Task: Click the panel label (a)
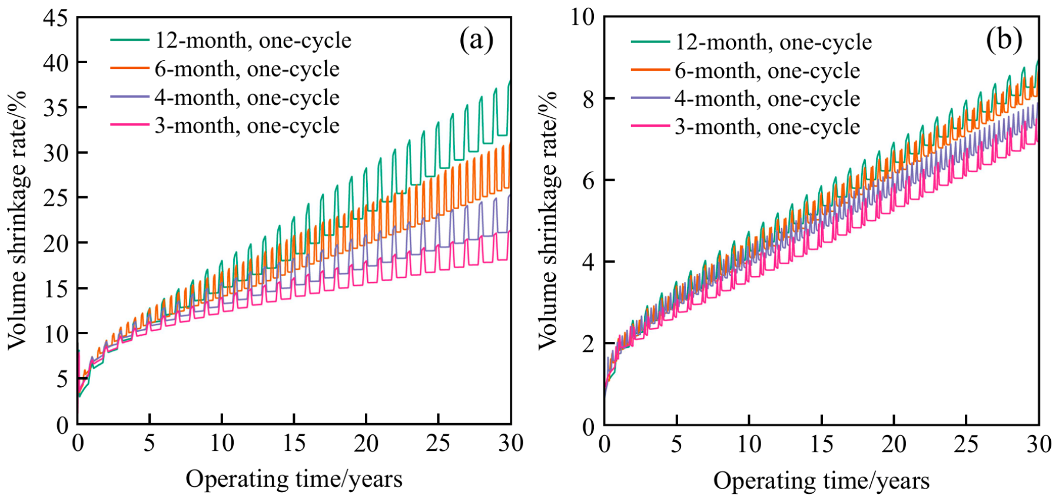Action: click(x=476, y=39)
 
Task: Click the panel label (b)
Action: click(x=1004, y=39)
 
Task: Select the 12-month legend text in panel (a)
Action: click(x=253, y=41)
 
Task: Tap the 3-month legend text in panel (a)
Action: click(x=247, y=126)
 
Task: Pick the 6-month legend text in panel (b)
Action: click(x=768, y=71)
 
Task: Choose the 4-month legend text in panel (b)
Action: click(x=768, y=98)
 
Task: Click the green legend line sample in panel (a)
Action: click(x=130, y=40)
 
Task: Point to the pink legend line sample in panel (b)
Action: click(x=650, y=126)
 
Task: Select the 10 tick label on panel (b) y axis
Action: click(x=582, y=17)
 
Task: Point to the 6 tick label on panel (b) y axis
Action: click(x=589, y=180)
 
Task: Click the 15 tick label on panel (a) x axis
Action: click(x=294, y=443)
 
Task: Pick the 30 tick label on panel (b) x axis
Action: click(x=1039, y=443)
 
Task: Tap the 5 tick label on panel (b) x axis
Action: click(x=677, y=443)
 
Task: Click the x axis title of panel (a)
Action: click(x=294, y=479)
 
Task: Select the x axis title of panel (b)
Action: click(x=821, y=480)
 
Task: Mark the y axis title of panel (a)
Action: click(x=18, y=220)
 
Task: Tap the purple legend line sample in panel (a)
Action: click(x=130, y=97)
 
